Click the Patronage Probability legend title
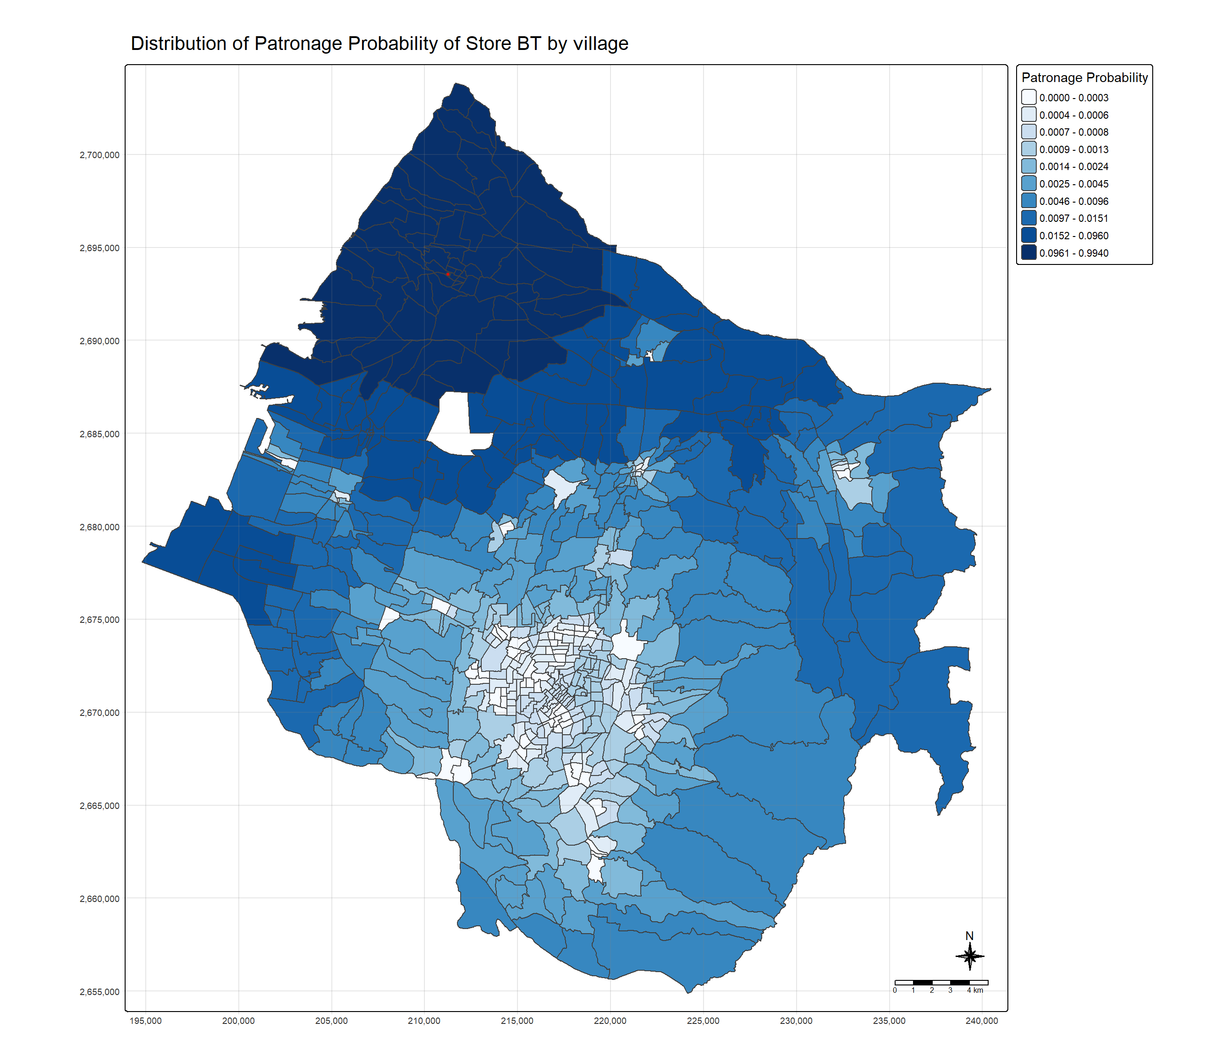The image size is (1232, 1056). tap(1084, 77)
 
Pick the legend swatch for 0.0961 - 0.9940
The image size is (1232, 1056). tap(1028, 253)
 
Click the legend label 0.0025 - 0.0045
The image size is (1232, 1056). tap(1073, 184)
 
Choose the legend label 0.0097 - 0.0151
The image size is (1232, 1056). tap(1073, 218)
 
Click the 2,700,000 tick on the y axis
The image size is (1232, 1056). tap(99, 155)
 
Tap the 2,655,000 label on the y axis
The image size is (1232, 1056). tap(99, 992)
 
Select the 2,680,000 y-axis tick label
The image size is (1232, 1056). tap(99, 527)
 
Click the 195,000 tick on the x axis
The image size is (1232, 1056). tap(146, 1021)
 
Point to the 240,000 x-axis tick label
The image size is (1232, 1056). tap(982, 1021)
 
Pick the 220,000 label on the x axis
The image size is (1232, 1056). tap(610, 1021)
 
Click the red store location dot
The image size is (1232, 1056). tap(448, 274)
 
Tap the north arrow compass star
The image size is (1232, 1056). tap(969, 957)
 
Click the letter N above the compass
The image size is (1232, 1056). tap(969, 936)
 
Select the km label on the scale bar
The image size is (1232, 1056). tap(978, 990)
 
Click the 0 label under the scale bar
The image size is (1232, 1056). tap(895, 990)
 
